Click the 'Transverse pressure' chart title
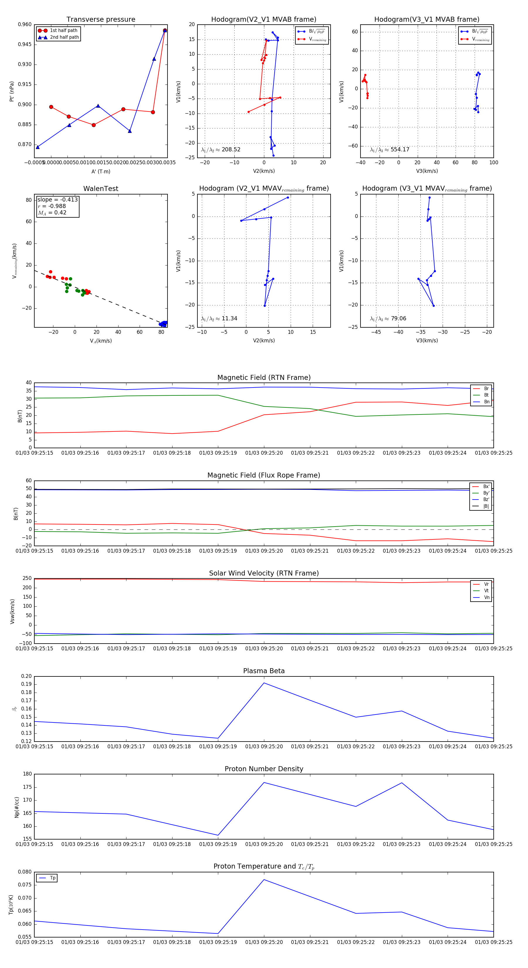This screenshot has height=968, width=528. click(101, 20)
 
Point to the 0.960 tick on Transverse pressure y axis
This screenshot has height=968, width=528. click(25, 24)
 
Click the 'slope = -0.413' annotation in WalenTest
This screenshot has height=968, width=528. click(57, 199)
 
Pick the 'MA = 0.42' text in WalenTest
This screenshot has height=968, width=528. click(52, 213)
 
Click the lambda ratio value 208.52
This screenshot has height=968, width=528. click(231, 150)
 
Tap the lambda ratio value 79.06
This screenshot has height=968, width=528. click(398, 319)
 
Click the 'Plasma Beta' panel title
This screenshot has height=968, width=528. click(264, 671)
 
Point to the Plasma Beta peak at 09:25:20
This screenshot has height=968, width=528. click(264, 683)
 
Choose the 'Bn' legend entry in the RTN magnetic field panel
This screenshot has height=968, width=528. click(486, 402)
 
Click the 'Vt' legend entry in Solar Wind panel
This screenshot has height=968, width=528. click(486, 591)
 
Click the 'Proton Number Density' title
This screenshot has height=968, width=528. click(264, 769)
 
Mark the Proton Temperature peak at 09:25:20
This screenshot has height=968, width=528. click(264, 880)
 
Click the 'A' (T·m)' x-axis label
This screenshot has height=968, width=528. click(101, 171)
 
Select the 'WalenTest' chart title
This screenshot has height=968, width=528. click(101, 189)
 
